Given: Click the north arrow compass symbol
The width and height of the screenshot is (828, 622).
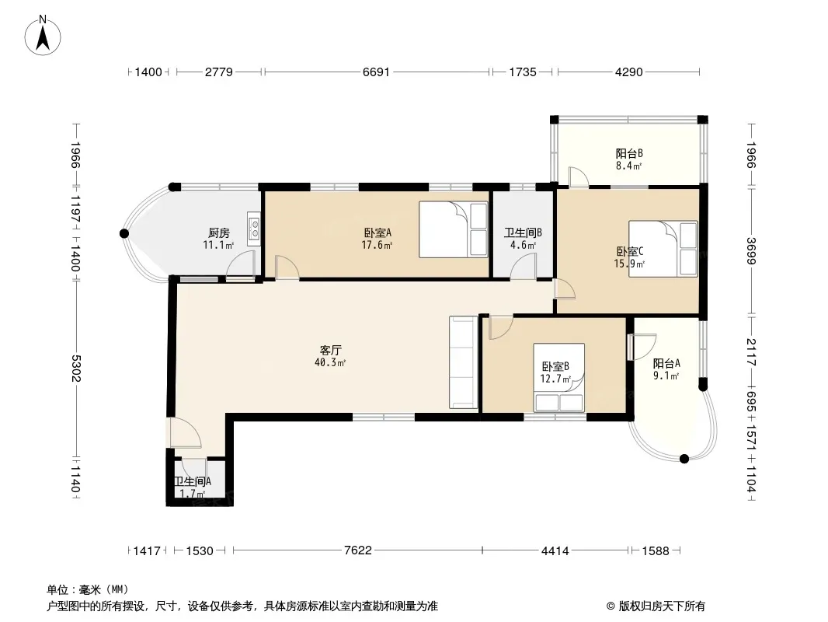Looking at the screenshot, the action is (43, 36).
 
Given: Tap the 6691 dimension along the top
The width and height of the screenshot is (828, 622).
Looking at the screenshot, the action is (376, 72).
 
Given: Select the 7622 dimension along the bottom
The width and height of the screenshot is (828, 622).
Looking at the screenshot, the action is (357, 550).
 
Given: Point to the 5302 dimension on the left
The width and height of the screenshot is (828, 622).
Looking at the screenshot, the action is (75, 369).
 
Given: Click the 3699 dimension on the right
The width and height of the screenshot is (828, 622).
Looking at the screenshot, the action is (751, 251).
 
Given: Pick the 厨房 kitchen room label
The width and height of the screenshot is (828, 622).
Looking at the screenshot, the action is (218, 232).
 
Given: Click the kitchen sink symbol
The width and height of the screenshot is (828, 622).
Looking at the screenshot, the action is (255, 229).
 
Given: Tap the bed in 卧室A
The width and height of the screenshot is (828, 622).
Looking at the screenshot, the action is (454, 229).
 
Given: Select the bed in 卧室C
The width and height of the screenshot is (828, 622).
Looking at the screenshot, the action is (663, 249).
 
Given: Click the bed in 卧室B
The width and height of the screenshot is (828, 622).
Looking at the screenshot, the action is (558, 377).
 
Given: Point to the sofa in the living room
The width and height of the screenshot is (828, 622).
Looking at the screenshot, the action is (464, 362).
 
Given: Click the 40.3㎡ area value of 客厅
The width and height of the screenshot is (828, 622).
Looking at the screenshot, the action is (330, 362).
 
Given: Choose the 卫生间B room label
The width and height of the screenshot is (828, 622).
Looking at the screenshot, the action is (523, 232).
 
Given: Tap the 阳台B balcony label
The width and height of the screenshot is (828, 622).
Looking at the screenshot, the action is (629, 153).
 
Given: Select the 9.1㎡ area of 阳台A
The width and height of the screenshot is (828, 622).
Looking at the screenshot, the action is (666, 376).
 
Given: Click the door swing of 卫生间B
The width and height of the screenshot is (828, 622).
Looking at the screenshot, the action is (524, 266).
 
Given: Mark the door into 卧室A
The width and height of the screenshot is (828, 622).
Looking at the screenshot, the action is (287, 267).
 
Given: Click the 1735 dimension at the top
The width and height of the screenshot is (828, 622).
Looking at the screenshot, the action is (523, 72).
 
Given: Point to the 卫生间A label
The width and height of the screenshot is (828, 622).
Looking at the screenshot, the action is (193, 481).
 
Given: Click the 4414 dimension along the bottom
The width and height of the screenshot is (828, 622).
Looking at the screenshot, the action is (555, 551).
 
